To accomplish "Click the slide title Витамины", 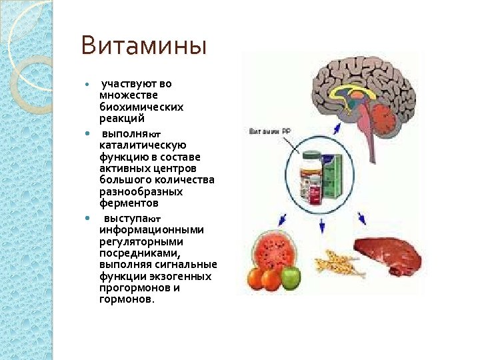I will click(144, 47).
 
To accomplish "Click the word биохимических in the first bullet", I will click(141, 107).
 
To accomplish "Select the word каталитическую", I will click(143, 145).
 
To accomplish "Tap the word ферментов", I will click(129, 203).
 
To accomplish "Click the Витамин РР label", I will click(269, 131).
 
